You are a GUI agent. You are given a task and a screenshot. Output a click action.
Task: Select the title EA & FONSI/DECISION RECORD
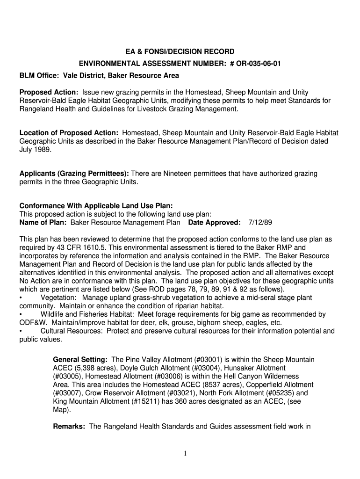tap(180, 51)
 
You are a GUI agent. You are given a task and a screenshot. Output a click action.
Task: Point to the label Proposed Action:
tap(49, 92)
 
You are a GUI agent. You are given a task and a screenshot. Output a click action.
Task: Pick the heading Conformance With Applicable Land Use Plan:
tap(96, 206)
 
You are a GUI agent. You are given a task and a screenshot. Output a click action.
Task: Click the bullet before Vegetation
tap(21, 298)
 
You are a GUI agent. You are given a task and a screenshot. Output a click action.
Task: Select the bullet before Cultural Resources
tap(21, 332)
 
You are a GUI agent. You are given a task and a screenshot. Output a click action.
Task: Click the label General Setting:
tap(80, 360)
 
